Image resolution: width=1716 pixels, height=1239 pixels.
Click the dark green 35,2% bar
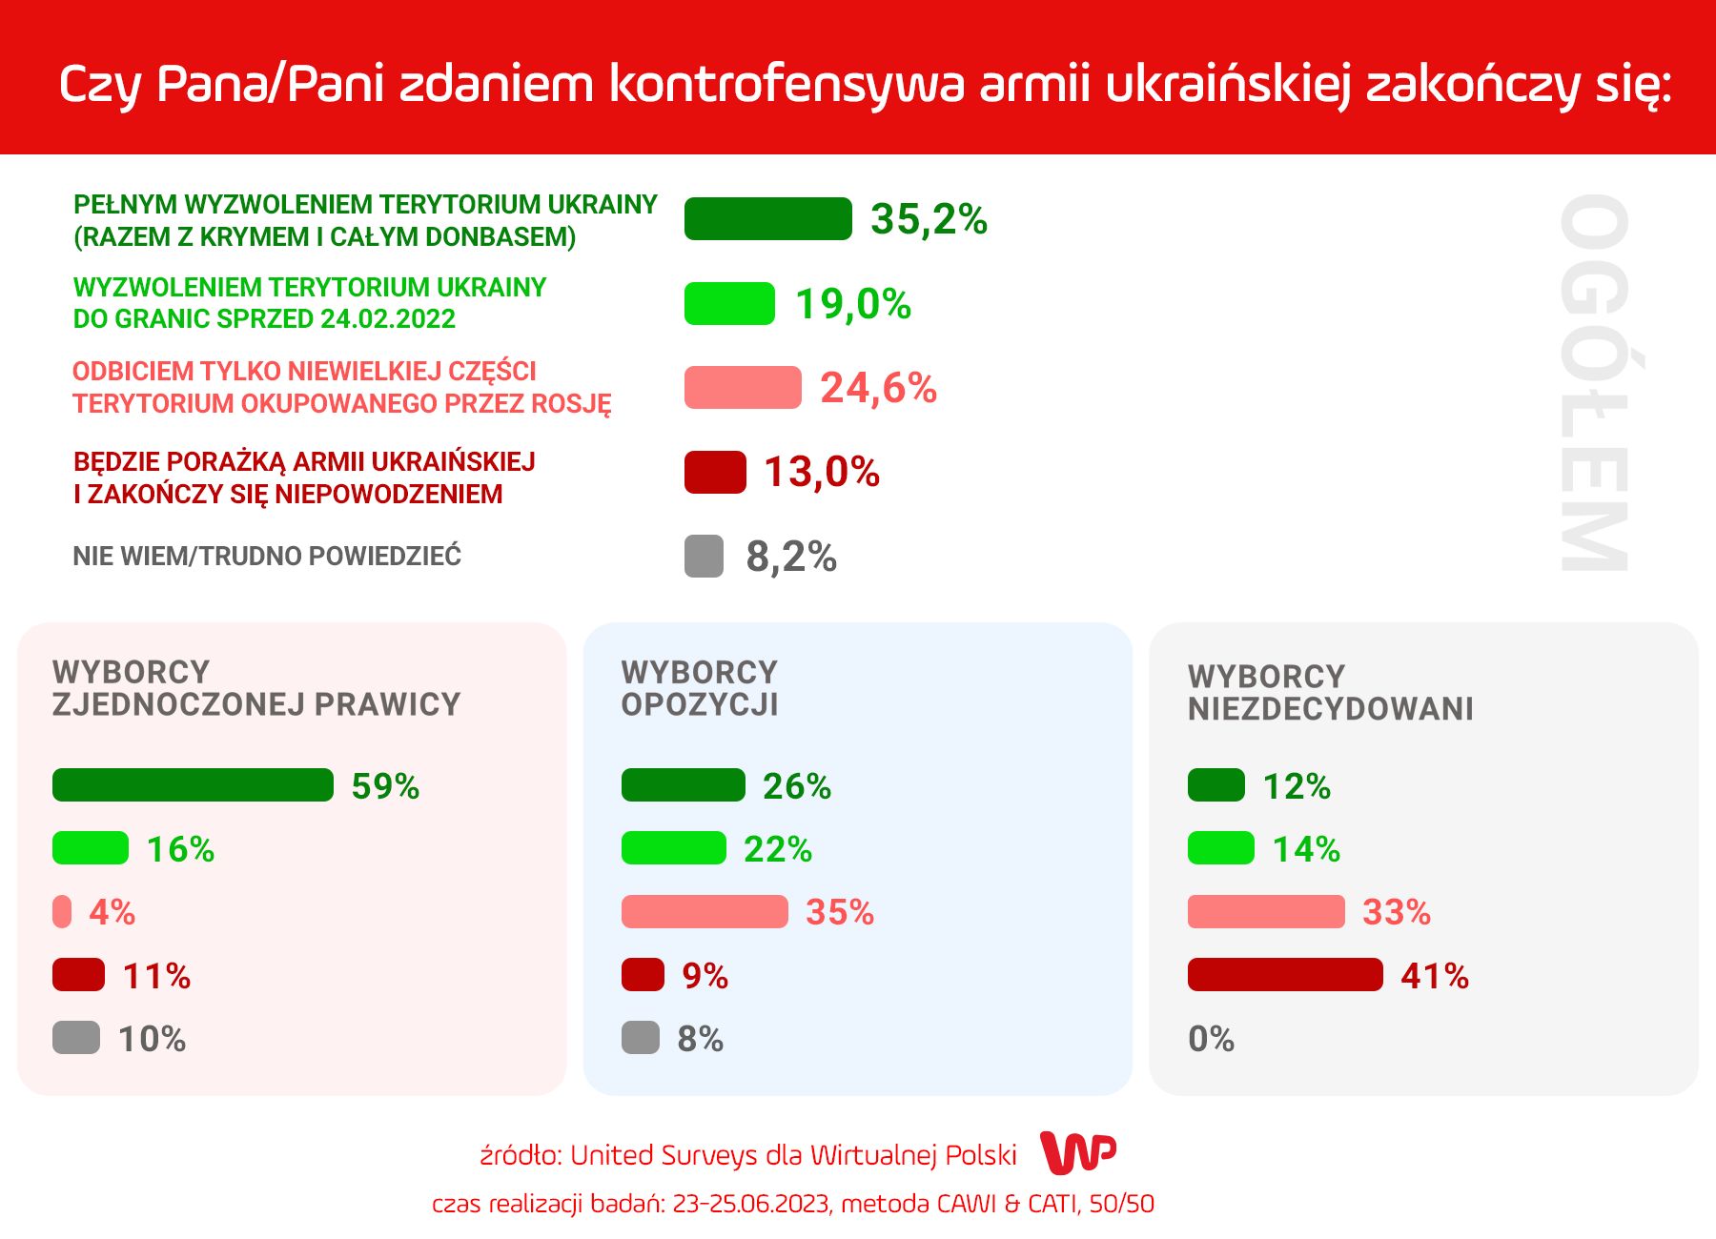tap(767, 218)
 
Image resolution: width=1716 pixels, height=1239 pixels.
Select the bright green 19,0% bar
tap(729, 304)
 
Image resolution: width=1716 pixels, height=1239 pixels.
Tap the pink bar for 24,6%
tap(743, 387)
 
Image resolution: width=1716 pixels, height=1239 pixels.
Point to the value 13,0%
tap(822, 472)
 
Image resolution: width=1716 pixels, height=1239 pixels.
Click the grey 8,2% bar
tap(704, 557)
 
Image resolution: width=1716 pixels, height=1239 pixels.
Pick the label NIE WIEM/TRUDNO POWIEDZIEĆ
tap(267, 556)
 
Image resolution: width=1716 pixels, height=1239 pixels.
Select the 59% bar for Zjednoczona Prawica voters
tap(193, 785)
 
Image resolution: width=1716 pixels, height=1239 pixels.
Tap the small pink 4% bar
tap(62, 912)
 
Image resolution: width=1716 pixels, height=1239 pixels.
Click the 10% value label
tap(153, 1039)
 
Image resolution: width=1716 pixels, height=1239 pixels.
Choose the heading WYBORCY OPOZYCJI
tap(700, 688)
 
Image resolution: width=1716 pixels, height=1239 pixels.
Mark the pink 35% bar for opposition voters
tap(705, 912)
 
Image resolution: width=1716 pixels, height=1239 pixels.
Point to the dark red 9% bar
tap(643, 975)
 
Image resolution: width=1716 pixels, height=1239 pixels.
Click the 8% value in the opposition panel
tap(701, 1039)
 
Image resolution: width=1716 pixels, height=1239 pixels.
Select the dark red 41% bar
tap(1285, 975)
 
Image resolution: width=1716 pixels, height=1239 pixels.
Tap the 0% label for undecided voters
tap(1211, 1039)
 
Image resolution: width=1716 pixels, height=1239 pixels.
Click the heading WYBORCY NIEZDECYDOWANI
tap(1330, 693)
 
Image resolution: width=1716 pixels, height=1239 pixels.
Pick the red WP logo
tap(1078, 1153)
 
